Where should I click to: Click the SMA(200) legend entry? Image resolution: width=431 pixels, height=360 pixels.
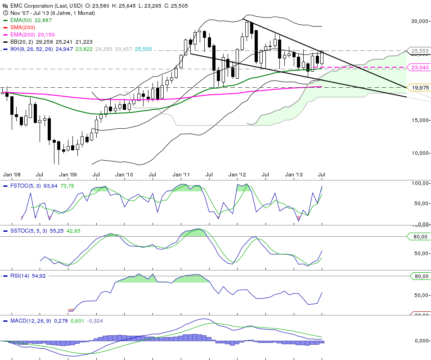coord(18,27)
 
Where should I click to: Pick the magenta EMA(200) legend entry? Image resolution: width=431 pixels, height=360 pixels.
coord(18,35)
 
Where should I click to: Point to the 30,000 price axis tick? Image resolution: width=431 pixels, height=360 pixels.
coord(420,21)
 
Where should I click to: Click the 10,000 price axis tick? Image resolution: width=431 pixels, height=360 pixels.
coord(420,153)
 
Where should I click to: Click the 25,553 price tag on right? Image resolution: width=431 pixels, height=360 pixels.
coord(418,51)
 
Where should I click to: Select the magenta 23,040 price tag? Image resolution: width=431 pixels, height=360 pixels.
coord(418,67)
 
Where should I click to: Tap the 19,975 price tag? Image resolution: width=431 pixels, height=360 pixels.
coord(418,87)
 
